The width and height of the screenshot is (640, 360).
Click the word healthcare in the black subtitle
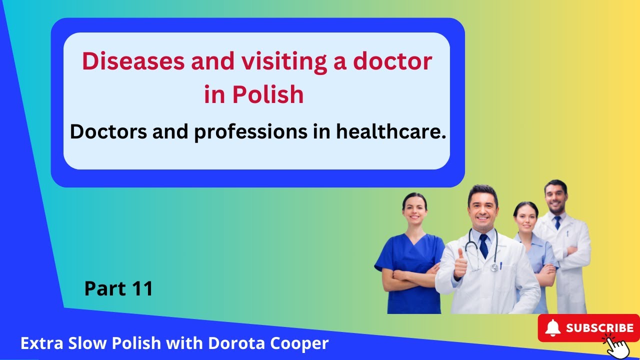point(391,131)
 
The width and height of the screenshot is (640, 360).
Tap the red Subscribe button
point(588,328)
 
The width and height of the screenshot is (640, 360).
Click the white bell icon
point(552,328)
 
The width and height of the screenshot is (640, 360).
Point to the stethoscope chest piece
point(494,267)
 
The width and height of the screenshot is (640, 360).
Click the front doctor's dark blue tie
point(483,245)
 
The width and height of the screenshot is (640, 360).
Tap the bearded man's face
point(555,196)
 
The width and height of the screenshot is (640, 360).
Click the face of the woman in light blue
point(525,216)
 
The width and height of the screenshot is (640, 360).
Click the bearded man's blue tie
point(557,222)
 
